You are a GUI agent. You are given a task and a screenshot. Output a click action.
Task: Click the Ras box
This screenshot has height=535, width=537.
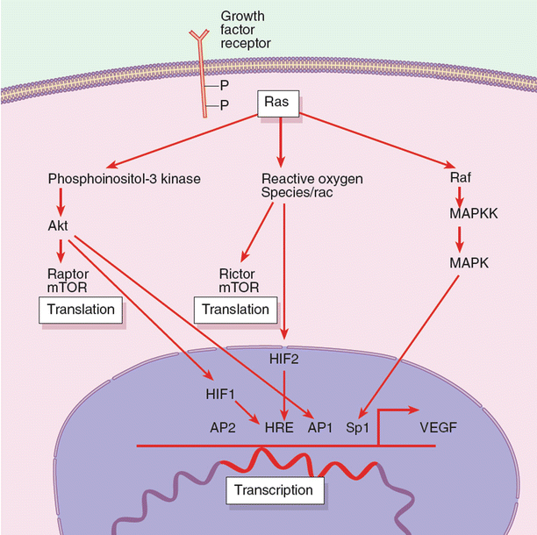click(x=279, y=104)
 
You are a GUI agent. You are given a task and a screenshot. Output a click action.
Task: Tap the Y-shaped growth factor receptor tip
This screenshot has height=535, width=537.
click(x=200, y=36)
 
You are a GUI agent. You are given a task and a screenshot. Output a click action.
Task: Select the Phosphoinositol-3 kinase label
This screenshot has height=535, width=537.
click(x=125, y=180)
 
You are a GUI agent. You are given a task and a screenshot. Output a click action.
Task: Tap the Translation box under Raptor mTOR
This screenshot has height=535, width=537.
click(x=81, y=309)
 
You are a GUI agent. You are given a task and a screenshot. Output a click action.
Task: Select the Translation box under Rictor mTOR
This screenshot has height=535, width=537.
click(x=235, y=309)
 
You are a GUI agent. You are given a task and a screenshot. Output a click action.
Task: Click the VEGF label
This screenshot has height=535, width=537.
click(x=439, y=429)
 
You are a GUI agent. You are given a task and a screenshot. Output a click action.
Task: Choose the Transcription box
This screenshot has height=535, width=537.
click(x=275, y=489)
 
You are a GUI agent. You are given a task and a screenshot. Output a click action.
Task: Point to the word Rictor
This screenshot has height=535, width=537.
click(x=236, y=275)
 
